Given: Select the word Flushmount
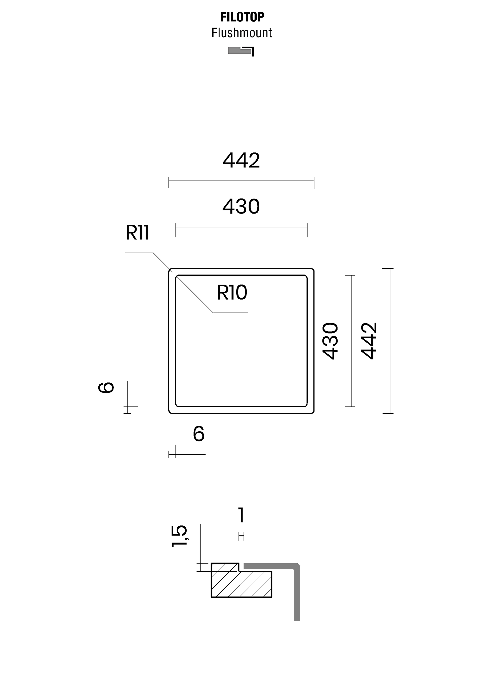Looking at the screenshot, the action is pos(242,33).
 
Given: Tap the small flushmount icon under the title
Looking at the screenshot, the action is pos(241,51).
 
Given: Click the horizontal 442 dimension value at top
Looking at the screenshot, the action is pos(241,160).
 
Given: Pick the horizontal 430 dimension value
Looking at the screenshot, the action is pos(241,207).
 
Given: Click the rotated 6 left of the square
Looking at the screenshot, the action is pos(106,388).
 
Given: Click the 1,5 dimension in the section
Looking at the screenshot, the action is pos(179,536).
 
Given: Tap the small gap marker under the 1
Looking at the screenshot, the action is pos(241,537).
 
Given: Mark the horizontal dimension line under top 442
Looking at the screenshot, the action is pos(241,181).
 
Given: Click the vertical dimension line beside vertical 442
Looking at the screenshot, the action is pos(390,341).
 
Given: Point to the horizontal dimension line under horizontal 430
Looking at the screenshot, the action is pos(241,227).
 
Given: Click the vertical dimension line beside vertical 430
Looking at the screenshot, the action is pos(351,341).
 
